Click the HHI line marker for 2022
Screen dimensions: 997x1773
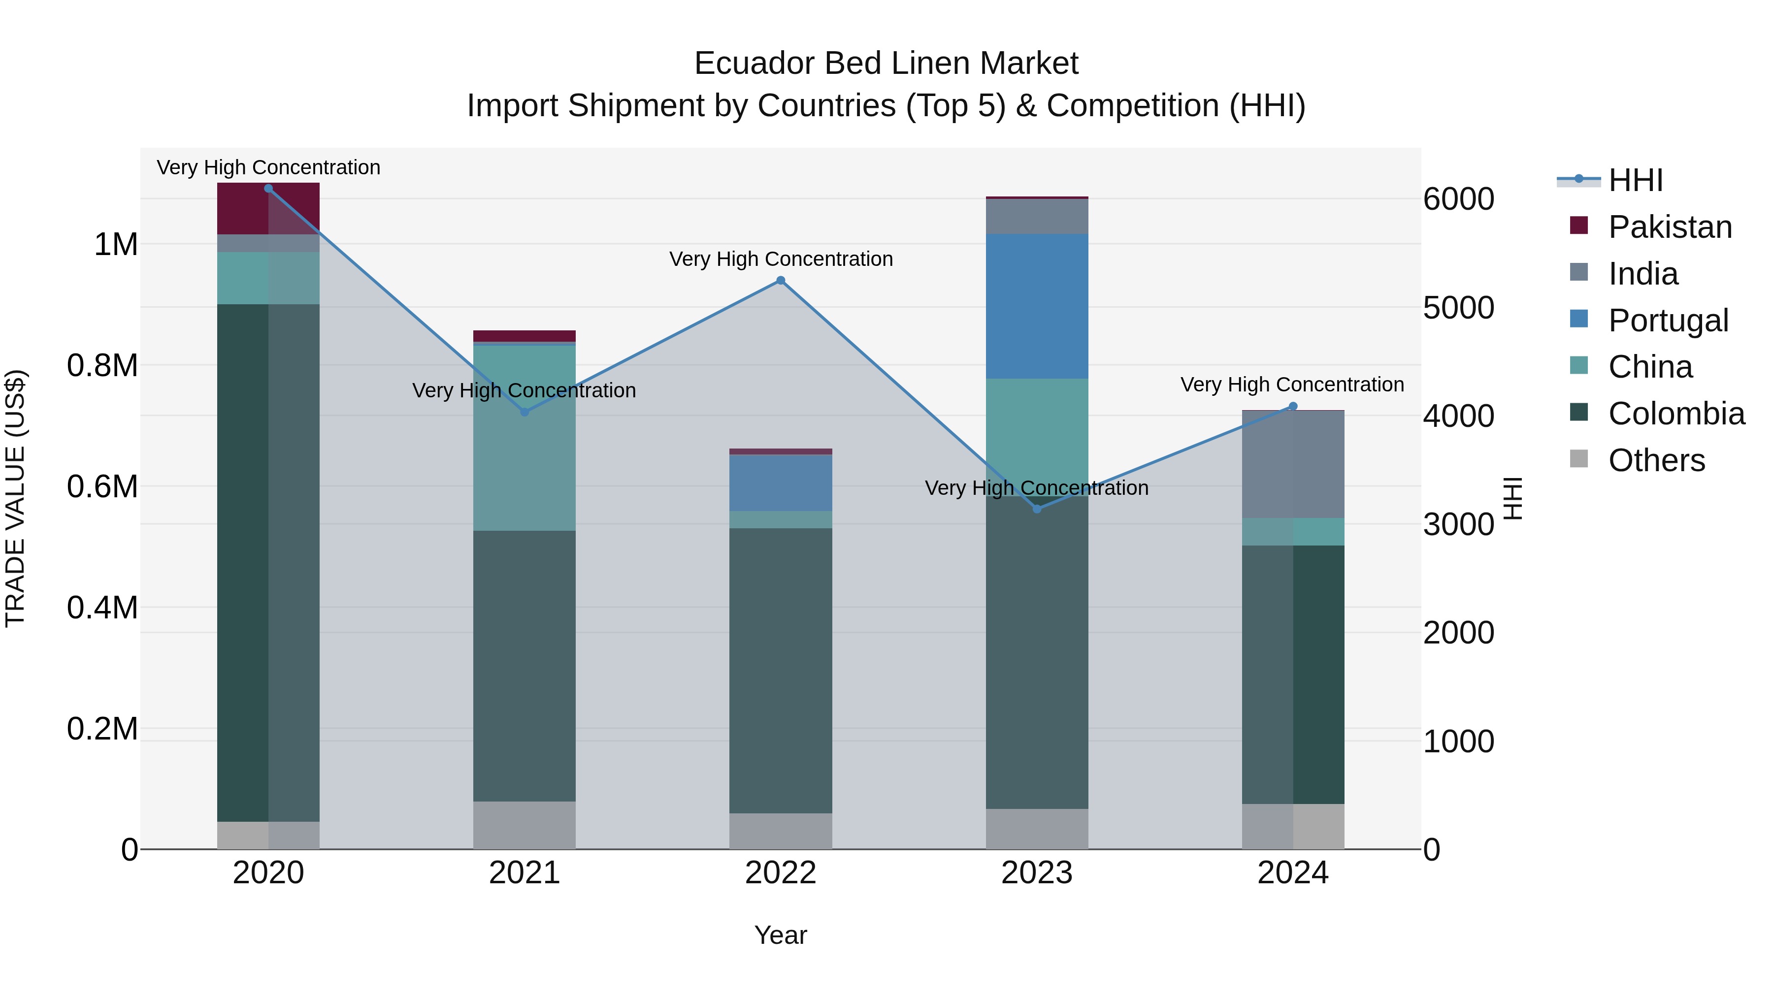(781, 280)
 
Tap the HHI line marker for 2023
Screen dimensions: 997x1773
(1037, 509)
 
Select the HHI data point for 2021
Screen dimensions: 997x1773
(525, 412)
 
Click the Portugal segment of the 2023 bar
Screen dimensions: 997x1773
(1037, 306)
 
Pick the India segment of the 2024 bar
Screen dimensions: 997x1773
(1293, 464)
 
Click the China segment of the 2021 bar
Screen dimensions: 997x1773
(525, 438)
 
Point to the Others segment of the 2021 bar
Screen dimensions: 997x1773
(525, 825)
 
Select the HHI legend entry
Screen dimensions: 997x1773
(1635, 180)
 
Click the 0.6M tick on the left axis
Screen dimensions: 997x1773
(102, 486)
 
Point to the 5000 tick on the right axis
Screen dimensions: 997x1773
(1458, 308)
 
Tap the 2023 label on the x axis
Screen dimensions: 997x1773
(1037, 873)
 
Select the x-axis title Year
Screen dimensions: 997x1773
(781, 935)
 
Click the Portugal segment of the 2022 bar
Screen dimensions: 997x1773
(781, 482)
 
